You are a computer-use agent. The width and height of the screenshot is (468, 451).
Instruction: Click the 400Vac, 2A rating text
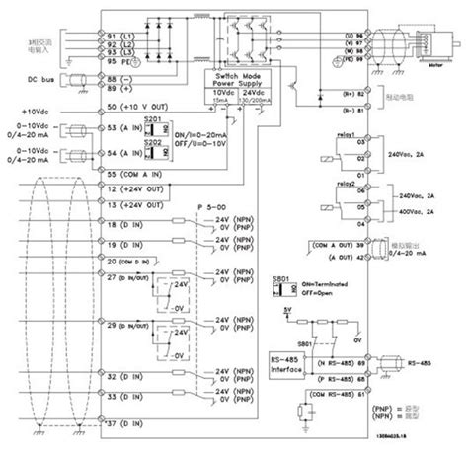[420, 211]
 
